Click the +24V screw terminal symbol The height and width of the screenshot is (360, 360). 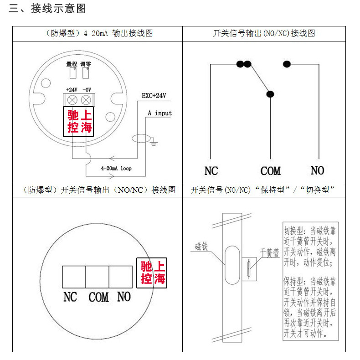coord(72,100)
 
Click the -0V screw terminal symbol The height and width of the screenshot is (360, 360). coord(85,100)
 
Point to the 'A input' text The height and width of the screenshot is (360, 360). coord(159,113)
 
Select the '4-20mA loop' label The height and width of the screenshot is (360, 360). coord(116,168)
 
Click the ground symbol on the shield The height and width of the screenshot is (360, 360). coord(154,143)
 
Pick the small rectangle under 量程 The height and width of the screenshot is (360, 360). coord(72,73)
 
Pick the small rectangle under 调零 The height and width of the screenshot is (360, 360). coord(85,73)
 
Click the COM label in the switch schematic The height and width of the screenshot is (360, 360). coord(270,171)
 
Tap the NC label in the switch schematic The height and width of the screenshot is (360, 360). coord(211,171)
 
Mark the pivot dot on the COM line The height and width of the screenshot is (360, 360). coord(270,94)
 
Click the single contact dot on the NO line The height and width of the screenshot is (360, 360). coord(287,64)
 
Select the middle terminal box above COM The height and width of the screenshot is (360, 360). coord(97,277)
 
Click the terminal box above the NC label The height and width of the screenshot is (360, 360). coord(74,277)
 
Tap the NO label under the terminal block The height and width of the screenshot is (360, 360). coord(123,297)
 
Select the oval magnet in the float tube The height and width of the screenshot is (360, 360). coord(232,262)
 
